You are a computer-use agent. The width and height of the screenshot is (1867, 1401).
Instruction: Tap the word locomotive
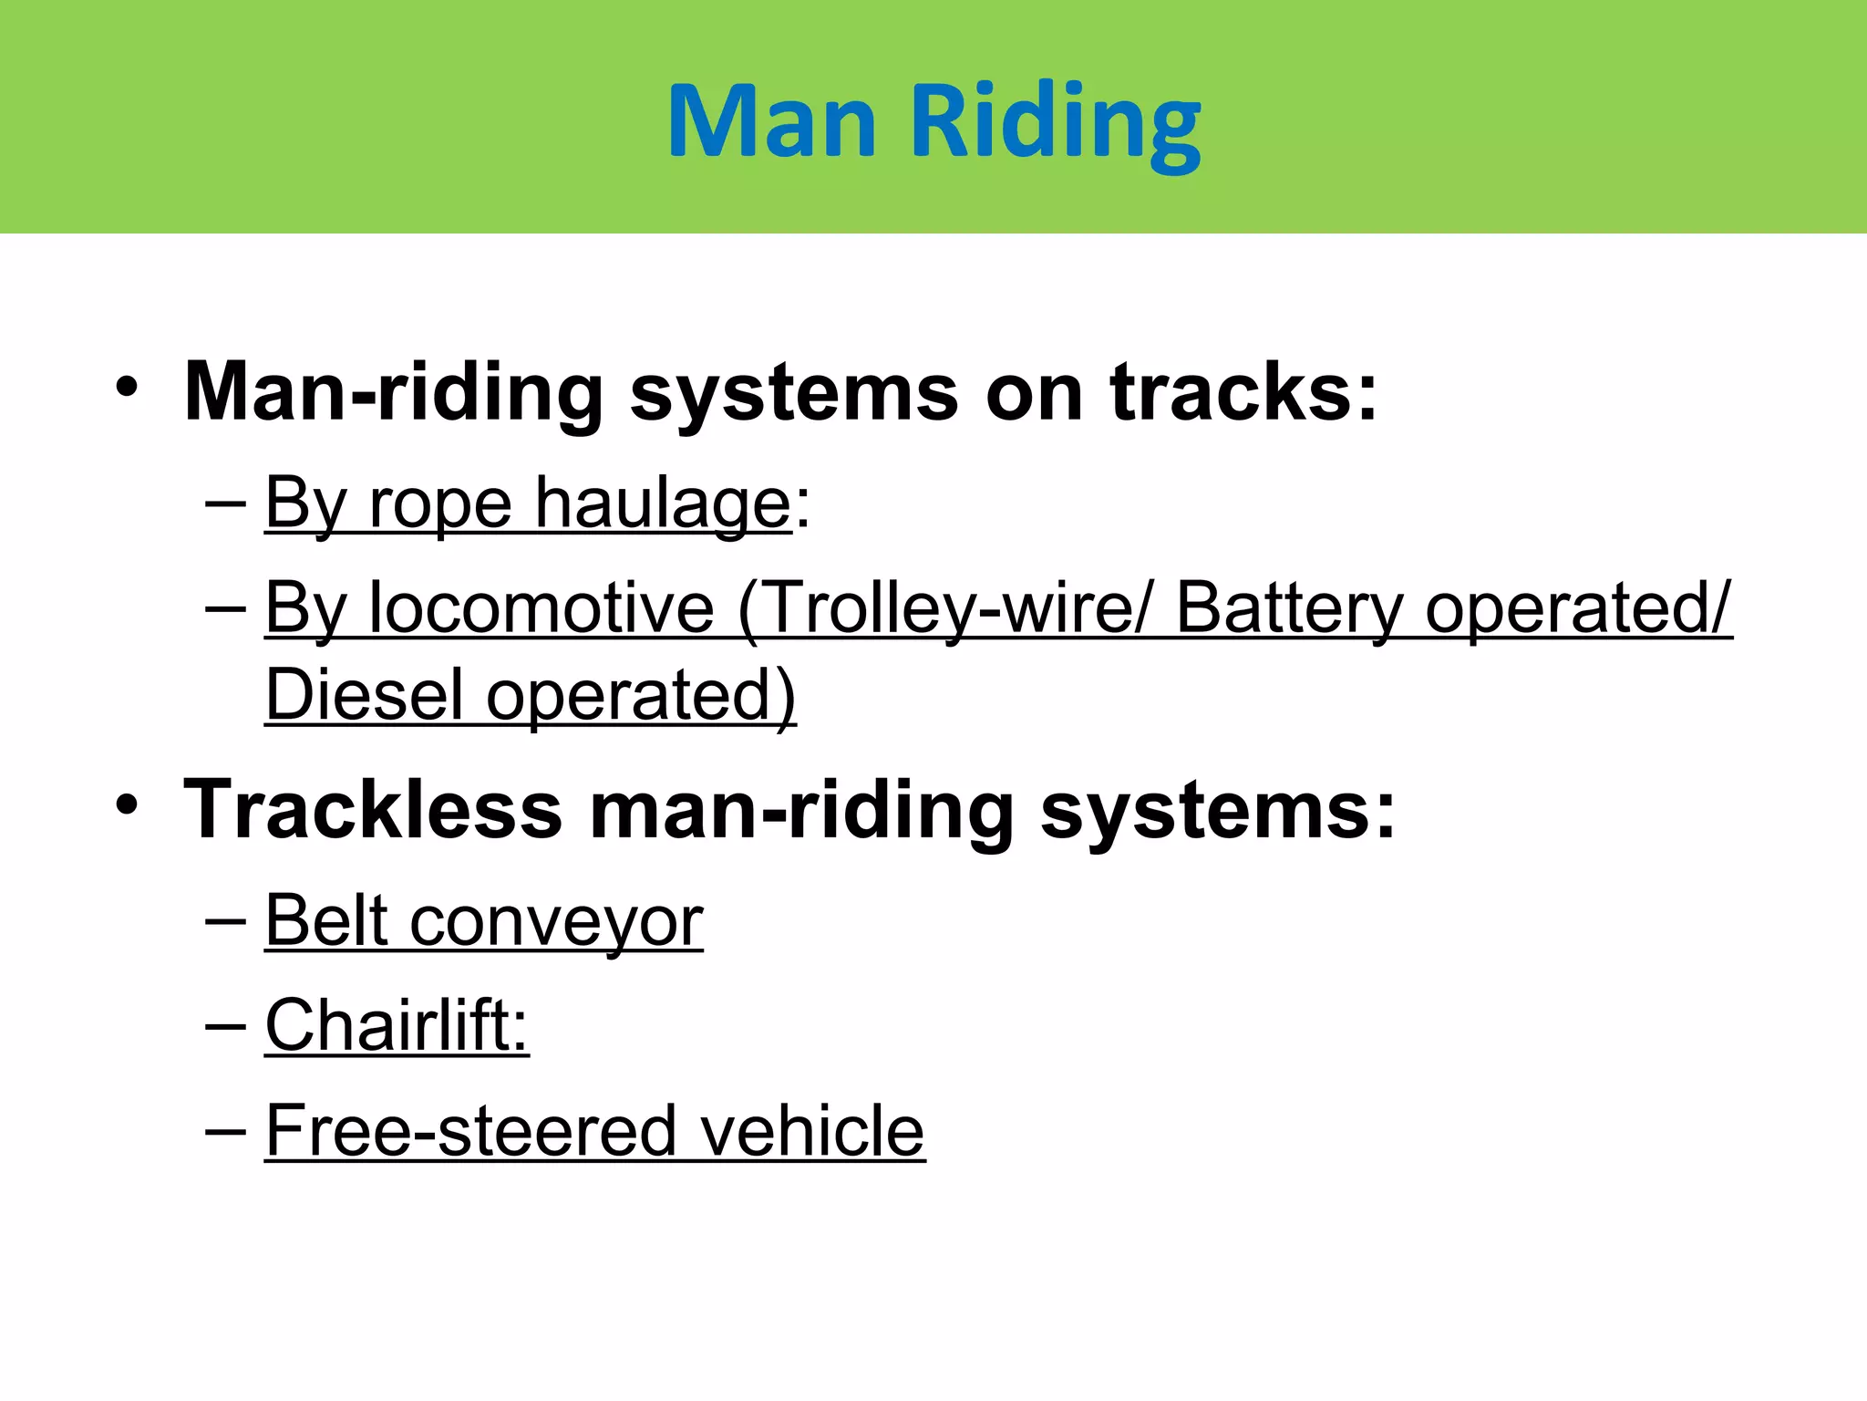(542, 607)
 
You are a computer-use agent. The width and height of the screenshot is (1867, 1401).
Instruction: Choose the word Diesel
(365, 695)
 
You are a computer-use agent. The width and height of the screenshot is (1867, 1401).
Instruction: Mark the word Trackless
(373, 809)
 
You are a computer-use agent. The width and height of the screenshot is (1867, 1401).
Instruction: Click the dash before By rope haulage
(225, 503)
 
